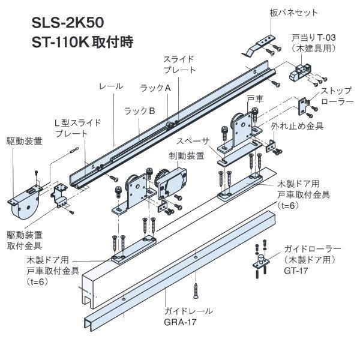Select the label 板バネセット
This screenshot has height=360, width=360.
tap(293, 13)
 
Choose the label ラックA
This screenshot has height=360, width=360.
tap(155, 88)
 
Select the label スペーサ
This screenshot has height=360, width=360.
tap(193, 141)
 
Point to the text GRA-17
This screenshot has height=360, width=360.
tap(183, 322)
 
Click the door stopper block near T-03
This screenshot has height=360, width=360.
tap(297, 75)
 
